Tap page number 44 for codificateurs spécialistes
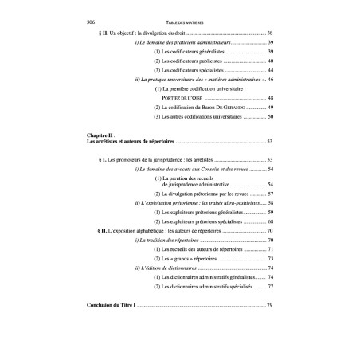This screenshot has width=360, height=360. (270, 69)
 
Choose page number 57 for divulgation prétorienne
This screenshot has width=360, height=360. (270, 194)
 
